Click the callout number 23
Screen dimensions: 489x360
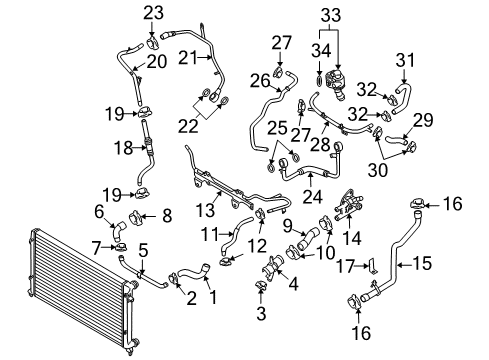(x=153, y=13)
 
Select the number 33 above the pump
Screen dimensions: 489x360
(x=331, y=15)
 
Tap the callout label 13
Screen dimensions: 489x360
(x=205, y=210)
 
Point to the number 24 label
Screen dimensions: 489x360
(x=312, y=197)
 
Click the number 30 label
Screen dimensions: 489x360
(x=378, y=170)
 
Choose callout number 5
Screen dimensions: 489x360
(x=143, y=250)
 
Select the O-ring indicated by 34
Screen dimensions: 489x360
(x=319, y=80)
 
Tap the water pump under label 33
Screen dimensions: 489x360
(x=336, y=83)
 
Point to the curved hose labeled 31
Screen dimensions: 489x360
(x=403, y=98)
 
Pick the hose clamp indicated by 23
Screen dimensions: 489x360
(x=153, y=43)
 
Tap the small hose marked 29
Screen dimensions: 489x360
(x=396, y=140)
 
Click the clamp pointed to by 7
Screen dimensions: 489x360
(x=121, y=248)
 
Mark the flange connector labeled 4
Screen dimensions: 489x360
(x=274, y=268)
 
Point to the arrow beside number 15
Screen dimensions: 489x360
(x=404, y=265)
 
